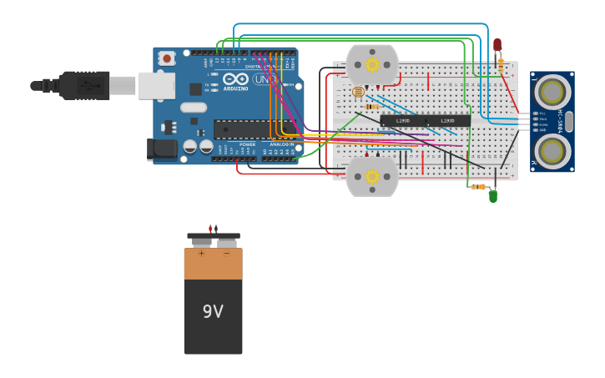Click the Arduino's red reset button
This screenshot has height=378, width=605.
pyautogui.click(x=167, y=58)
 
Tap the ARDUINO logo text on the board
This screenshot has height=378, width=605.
pyautogui.click(x=235, y=88)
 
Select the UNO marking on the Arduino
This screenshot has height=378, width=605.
pyautogui.click(x=265, y=79)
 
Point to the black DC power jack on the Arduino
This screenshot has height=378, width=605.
pyautogui.click(x=161, y=149)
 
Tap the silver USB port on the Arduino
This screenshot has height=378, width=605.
pyautogui.click(x=156, y=85)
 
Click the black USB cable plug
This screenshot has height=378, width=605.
pyautogui.click(x=83, y=85)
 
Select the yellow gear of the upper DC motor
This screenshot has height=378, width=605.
pyautogui.click(x=372, y=64)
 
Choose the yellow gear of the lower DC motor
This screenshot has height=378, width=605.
pyautogui.click(x=372, y=176)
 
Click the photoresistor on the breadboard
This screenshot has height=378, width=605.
pyautogui.click(x=358, y=92)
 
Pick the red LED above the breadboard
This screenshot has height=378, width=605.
pyautogui.click(x=497, y=44)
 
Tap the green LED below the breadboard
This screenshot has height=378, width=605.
pyautogui.click(x=493, y=197)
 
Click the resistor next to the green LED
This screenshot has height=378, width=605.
pyautogui.click(x=478, y=187)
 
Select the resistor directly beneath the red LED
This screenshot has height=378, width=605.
pyautogui.click(x=500, y=63)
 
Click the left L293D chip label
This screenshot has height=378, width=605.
pyautogui.click(x=403, y=121)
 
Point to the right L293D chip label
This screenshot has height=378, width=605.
pyautogui.click(x=448, y=121)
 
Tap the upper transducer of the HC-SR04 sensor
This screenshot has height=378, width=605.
pyautogui.click(x=552, y=90)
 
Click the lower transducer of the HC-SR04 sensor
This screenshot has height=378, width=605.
pyautogui.click(x=552, y=151)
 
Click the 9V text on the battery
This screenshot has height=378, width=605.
pyautogui.click(x=213, y=311)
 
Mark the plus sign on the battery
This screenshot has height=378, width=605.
pyautogui.click(x=201, y=253)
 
